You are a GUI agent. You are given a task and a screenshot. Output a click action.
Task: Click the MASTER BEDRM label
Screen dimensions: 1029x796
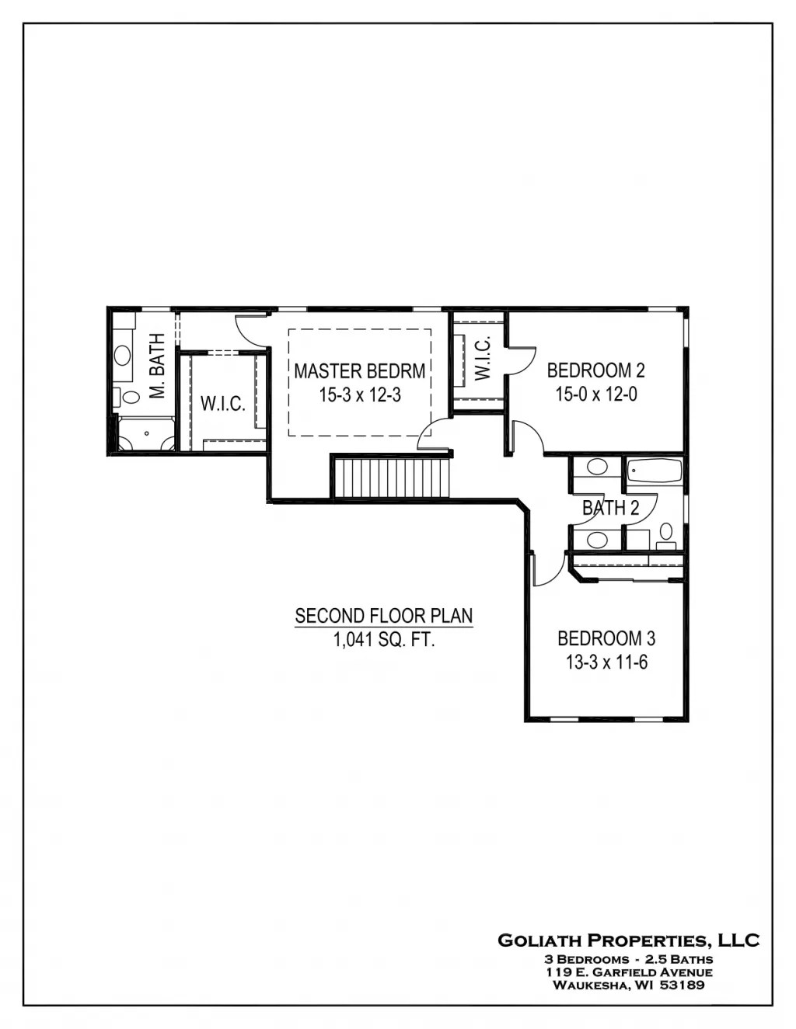359,370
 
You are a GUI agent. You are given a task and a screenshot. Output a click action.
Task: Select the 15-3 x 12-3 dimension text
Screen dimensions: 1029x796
359,395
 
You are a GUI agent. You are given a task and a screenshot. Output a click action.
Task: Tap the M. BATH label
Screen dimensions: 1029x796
158,366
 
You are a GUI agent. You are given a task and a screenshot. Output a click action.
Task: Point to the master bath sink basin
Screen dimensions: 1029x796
123,356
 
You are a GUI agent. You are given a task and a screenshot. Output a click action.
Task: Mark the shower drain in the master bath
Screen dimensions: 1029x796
146,434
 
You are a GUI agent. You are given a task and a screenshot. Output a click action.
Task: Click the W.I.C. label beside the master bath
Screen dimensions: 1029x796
223,404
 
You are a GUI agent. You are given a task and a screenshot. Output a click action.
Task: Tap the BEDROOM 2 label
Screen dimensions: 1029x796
595,370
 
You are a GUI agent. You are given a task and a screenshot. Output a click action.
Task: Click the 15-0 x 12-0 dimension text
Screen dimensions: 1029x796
595,395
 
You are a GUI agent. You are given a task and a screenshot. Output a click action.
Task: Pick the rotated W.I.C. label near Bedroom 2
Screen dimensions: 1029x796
482,358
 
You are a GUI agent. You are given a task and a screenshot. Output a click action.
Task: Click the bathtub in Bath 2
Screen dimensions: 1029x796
655,471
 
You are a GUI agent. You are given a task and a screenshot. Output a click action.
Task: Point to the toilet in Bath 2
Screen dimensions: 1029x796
666,532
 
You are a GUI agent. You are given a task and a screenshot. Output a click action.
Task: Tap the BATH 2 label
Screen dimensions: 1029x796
611,509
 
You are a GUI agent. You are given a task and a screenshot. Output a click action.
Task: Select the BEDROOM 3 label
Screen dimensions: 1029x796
606,638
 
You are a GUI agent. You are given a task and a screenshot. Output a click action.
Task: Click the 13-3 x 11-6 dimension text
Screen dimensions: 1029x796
606,662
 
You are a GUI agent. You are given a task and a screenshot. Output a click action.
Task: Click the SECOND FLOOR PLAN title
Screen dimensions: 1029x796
383,616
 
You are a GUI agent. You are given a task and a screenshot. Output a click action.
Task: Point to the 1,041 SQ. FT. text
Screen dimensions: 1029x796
383,640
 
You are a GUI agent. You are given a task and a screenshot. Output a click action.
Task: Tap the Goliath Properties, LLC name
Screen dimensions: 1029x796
628,940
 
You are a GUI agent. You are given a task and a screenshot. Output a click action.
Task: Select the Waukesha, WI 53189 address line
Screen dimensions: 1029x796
628,986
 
